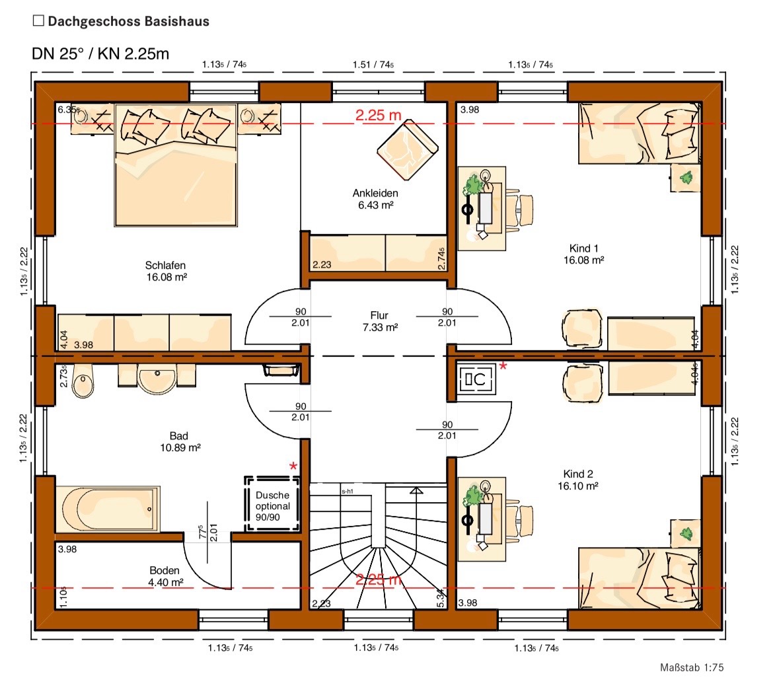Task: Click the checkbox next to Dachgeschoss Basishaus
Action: coord(38,20)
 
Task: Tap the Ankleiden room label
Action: coord(375,193)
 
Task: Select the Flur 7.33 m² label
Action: coord(380,321)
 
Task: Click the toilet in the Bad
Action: coord(83,381)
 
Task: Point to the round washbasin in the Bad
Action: coord(157,379)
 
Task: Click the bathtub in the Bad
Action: coord(108,509)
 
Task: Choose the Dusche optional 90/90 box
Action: coord(272,504)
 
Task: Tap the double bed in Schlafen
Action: coord(176,164)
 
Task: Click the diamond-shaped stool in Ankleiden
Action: coord(408,151)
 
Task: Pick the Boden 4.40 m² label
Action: coord(165,576)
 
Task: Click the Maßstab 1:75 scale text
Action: coord(692,667)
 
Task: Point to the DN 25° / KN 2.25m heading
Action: coord(100,54)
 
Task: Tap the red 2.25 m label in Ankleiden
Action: coord(378,116)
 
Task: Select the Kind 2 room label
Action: coord(578,474)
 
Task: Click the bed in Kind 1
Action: coord(640,133)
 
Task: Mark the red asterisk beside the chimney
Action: coord(503,366)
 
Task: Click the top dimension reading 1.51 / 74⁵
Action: coord(373,65)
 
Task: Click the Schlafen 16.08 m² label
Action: coord(166,271)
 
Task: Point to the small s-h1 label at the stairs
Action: coord(348,492)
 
